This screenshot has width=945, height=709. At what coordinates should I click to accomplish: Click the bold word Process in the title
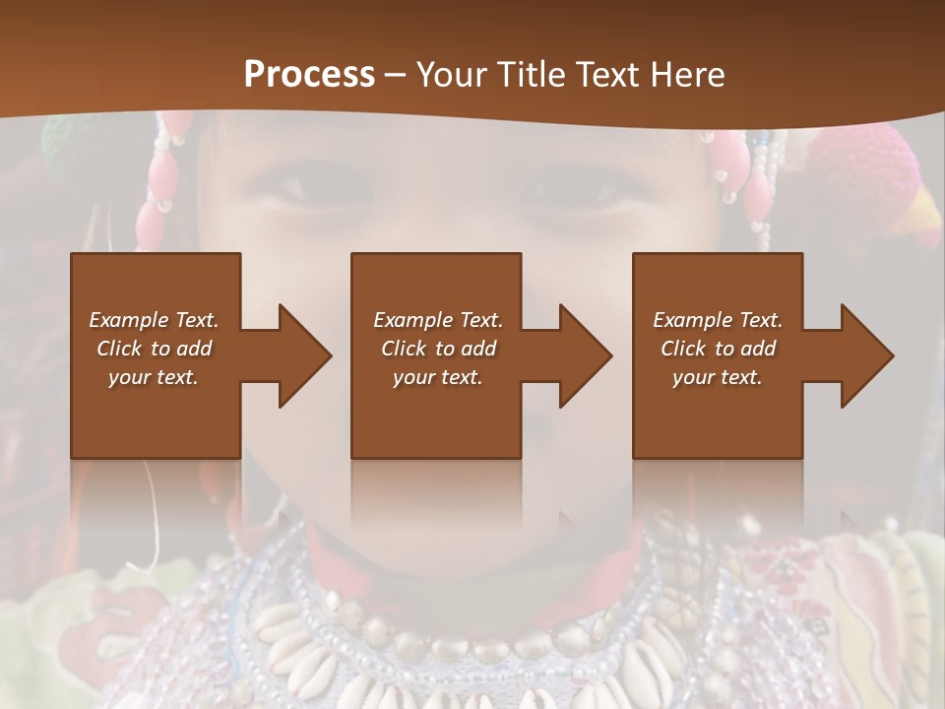(309, 75)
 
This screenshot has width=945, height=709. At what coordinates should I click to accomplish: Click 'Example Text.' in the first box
(154, 320)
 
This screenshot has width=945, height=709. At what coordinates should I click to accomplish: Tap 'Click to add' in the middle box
(438, 349)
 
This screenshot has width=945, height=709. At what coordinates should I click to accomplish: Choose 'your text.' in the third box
(718, 377)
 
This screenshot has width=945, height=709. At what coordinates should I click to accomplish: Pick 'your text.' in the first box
(154, 377)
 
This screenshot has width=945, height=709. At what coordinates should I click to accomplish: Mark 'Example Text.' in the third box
(718, 320)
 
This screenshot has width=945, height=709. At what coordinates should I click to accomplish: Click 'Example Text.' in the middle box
(438, 320)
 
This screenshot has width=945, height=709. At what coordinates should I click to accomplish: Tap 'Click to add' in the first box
(154, 349)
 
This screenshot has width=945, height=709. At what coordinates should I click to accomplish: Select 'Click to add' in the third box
(718, 349)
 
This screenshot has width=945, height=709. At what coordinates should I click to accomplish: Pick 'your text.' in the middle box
(438, 377)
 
